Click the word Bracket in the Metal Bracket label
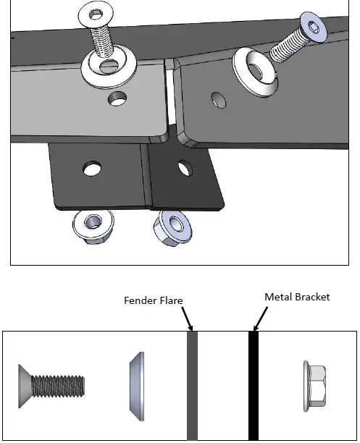(x=313, y=297)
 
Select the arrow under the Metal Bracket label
(x=256, y=318)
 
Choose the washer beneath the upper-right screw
(x=255, y=72)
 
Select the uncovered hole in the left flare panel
(x=114, y=97)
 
